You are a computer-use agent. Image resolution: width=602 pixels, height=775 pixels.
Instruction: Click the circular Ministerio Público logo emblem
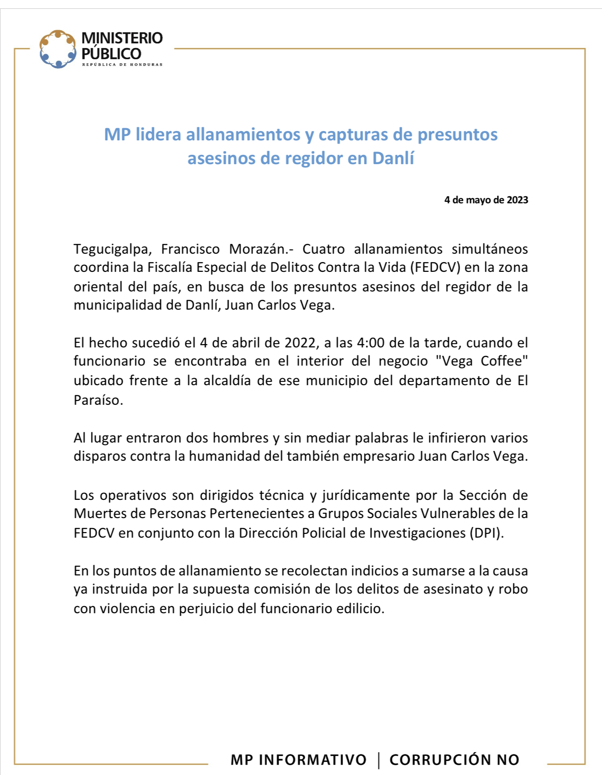point(57,49)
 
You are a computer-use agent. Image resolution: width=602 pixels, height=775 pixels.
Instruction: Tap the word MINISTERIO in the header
point(122,38)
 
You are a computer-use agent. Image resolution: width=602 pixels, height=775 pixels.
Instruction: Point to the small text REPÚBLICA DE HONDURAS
point(122,64)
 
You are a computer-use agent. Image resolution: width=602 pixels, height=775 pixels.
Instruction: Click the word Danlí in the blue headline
point(393,159)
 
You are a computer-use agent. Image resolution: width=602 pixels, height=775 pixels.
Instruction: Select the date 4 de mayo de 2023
point(486,200)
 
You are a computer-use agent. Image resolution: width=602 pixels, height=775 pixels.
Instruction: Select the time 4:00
point(371,343)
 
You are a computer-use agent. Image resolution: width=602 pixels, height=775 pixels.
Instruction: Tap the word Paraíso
point(98,400)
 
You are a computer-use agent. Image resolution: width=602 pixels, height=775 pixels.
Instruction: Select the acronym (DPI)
point(487,533)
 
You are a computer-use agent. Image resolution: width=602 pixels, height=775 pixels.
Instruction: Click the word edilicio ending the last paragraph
point(360,609)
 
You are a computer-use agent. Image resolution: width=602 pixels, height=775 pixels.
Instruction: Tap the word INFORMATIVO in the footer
point(312,760)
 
